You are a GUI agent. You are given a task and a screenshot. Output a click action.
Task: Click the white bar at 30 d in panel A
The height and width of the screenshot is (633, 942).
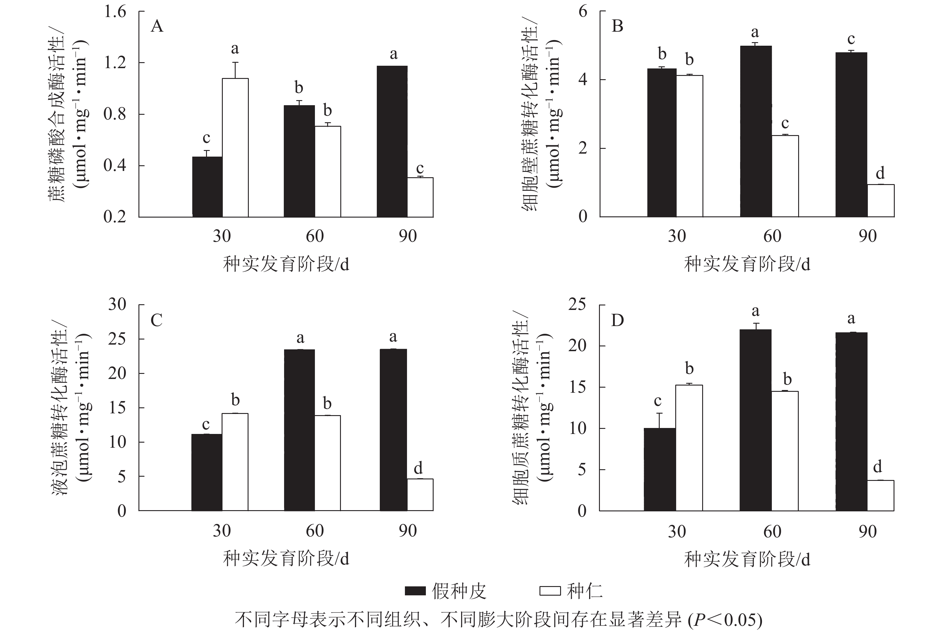(x=235, y=147)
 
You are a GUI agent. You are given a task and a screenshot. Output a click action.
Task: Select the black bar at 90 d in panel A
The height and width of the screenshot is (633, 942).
(x=392, y=141)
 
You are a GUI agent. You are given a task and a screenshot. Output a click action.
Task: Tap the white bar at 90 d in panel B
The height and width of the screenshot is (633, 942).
(x=881, y=201)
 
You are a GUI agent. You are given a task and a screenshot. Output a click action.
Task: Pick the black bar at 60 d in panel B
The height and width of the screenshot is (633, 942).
(x=756, y=131)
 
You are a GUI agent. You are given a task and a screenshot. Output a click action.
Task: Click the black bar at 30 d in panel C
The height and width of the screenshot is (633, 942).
(x=206, y=472)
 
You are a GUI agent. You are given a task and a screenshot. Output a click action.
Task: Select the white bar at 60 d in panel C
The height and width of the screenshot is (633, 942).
(x=327, y=463)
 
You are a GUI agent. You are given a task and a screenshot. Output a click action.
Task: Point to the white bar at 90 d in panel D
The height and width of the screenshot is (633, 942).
(x=881, y=495)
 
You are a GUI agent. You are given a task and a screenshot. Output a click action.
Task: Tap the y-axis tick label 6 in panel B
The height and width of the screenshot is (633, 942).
(x=583, y=11)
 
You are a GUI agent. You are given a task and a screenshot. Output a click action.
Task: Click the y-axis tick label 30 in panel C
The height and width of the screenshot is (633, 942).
(x=117, y=304)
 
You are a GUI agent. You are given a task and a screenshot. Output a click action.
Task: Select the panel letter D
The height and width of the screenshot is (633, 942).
(x=618, y=320)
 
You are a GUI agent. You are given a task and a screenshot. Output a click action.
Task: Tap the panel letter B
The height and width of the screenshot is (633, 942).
(x=618, y=26)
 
